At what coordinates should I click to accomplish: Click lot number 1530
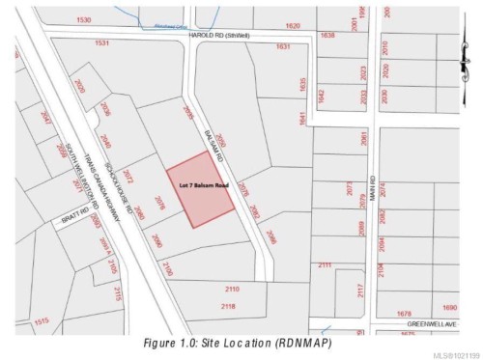[x=86, y=20]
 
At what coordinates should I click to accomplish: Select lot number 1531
[x=103, y=43]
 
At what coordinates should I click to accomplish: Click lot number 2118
[x=229, y=306]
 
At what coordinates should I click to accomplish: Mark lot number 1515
[x=42, y=321]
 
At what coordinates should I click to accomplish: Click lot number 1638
[x=327, y=35]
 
